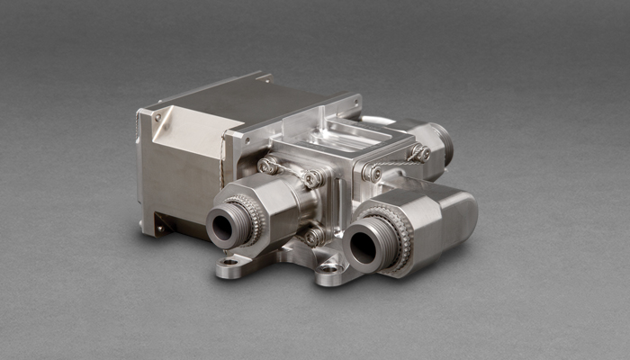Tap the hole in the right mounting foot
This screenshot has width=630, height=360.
point(328,268)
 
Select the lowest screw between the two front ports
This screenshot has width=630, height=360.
point(313,237)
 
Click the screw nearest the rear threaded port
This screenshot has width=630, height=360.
point(418,154)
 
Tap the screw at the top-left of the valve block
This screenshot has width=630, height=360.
point(267,166)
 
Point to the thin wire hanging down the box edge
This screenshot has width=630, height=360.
point(221,162)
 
